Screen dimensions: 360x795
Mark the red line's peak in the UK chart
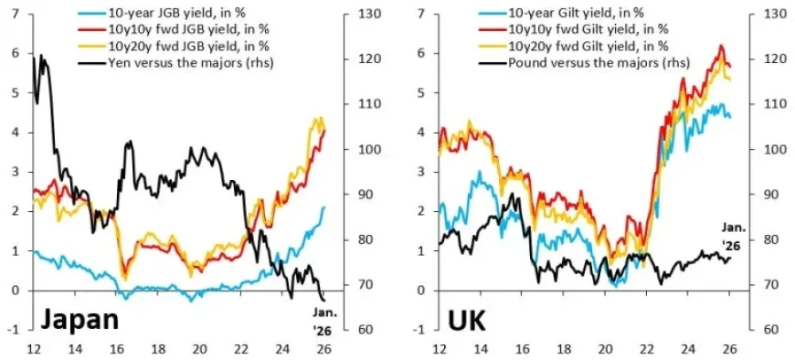click(x=721, y=46)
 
